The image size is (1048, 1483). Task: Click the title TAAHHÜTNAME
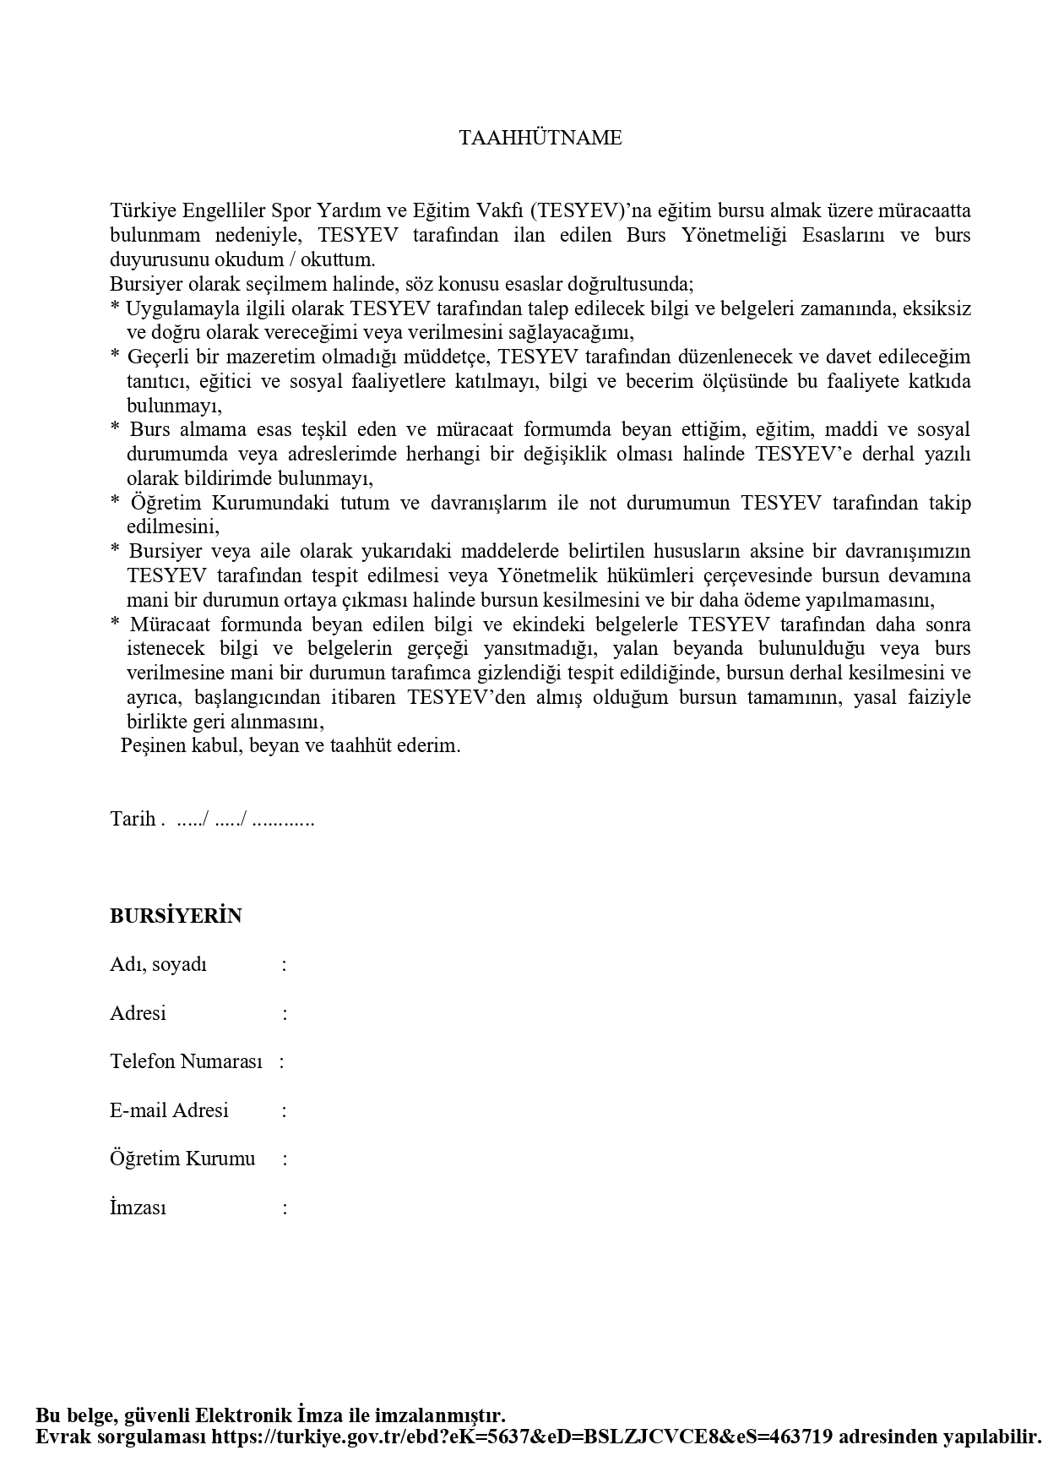540,139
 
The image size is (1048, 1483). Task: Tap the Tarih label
133,819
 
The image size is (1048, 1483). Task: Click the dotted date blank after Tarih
245,819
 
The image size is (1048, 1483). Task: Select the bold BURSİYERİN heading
176,916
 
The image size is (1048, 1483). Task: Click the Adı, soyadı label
158,965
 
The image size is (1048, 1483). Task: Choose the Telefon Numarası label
186,1061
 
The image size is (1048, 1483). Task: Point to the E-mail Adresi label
169,1110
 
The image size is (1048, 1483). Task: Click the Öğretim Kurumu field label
182,1159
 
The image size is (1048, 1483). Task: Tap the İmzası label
138,1208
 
